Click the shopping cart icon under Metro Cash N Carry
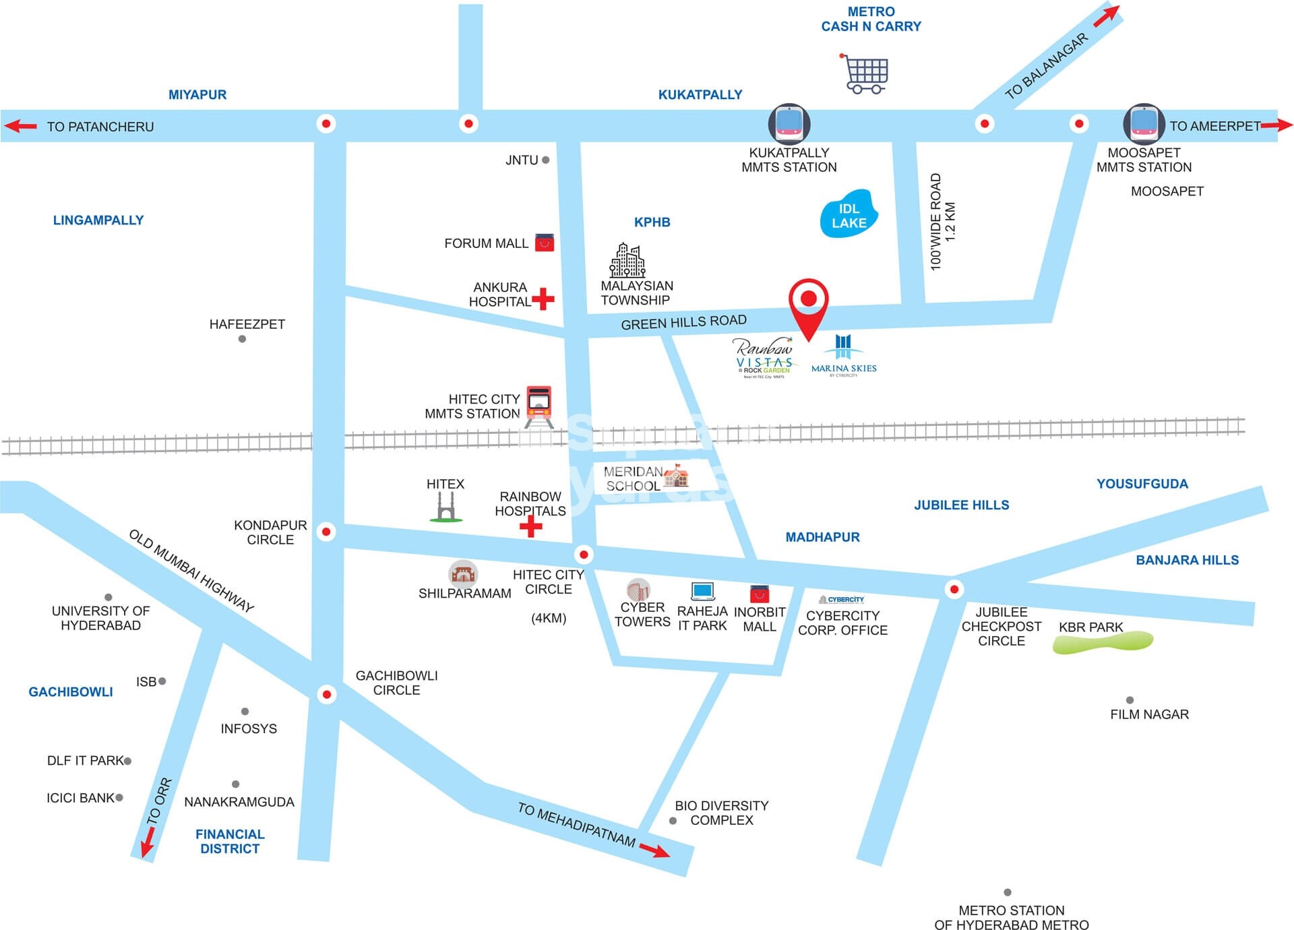[x=865, y=73]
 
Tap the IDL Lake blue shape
[x=849, y=214]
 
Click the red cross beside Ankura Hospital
[x=543, y=299]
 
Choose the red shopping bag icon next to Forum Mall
[x=545, y=243]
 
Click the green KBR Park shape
[x=1103, y=642]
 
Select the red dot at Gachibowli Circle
[x=327, y=694]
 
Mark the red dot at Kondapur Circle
[x=326, y=532]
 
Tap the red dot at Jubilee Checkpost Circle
[x=954, y=589]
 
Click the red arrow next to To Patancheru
[x=20, y=126]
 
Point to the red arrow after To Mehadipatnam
[x=654, y=850]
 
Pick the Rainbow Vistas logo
[x=764, y=357]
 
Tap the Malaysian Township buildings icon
[x=627, y=260]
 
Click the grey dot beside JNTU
[x=545, y=160]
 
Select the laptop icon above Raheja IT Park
[x=702, y=591]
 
